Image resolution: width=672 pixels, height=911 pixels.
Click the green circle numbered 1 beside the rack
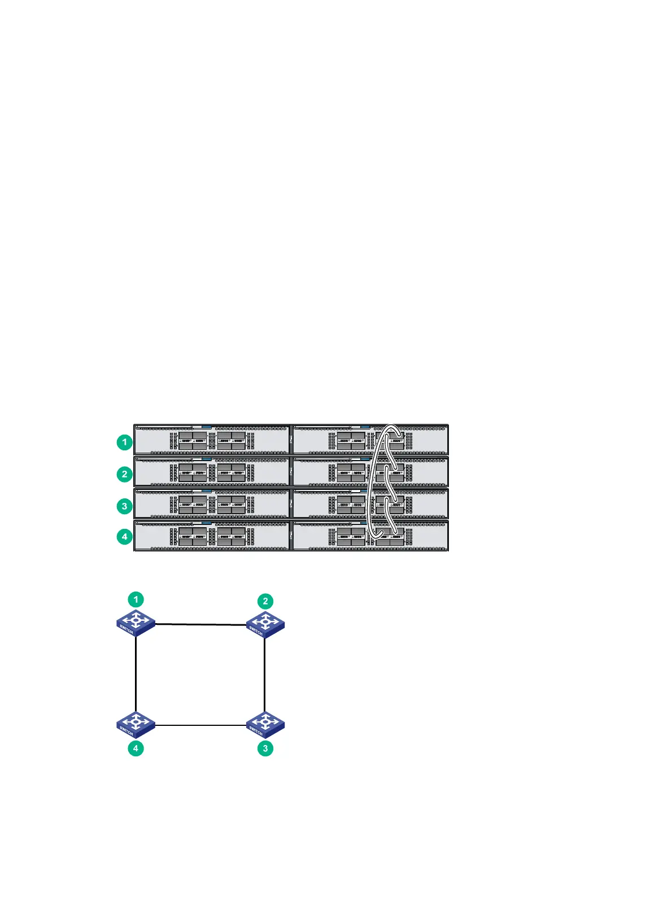pyautogui.click(x=125, y=442)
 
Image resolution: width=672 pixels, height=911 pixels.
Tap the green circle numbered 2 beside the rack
pyautogui.click(x=125, y=474)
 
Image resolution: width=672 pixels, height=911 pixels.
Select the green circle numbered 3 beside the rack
pyautogui.click(x=125, y=506)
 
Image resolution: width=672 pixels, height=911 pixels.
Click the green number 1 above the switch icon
pyautogui.click(x=136, y=599)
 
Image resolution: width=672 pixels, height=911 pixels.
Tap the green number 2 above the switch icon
pyautogui.click(x=265, y=602)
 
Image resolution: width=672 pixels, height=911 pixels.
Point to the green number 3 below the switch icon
pyautogui.click(x=265, y=748)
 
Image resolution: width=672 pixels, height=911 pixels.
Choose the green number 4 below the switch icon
pyautogui.click(x=136, y=748)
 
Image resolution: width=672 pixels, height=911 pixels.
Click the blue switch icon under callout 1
pyautogui.click(x=136, y=623)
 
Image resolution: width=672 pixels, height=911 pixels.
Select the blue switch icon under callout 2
pyautogui.click(x=265, y=625)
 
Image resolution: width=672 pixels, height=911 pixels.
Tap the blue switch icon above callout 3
pyautogui.click(x=265, y=725)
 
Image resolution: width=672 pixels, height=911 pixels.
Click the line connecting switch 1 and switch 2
pyautogui.click(x=200, y=624)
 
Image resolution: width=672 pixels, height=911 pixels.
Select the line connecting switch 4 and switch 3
pyautogui.click(x=200, y=725)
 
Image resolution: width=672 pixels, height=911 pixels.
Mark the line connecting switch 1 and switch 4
pyautogui.click(x=136, y=675)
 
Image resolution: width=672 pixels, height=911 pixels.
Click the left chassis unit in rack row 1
pyautogui.click(x=212, y=439)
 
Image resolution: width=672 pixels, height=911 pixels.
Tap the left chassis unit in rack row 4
pyautogui.click(x=212, y=536)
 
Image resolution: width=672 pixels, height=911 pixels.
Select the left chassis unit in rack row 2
pyautogui.click(x=212, y=471)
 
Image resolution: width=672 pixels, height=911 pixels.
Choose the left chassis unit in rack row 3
pyautogui.click(x=212, y=503)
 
